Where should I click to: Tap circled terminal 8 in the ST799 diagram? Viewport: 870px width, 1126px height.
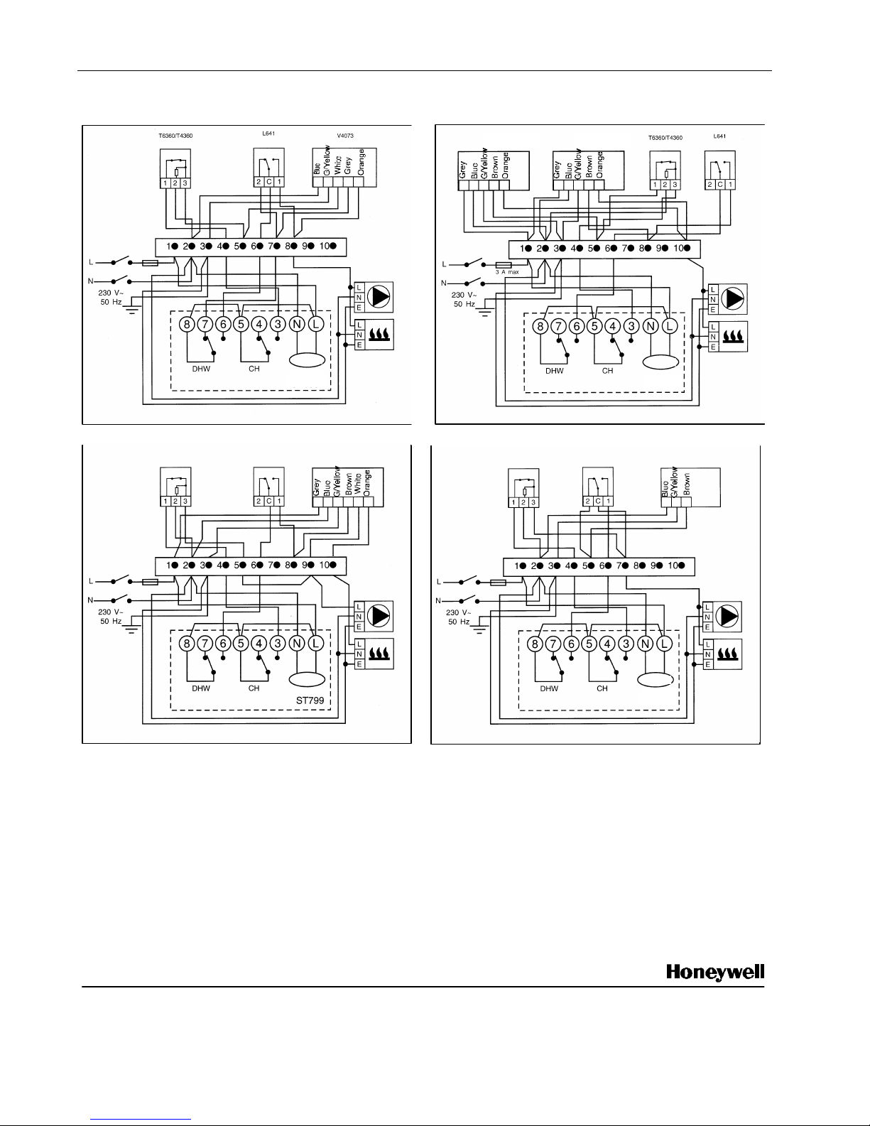[x=186, y=644]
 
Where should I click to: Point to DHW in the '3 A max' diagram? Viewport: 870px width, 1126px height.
[x=555, y=370]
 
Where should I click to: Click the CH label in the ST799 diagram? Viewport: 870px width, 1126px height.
[x=254, y=688]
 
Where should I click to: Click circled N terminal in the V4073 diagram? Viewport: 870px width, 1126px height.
[x=297, y=324]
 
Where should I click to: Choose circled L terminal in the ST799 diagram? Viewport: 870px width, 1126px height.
[x=315, y=644]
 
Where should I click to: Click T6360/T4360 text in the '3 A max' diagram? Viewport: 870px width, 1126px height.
[x=665, y=138]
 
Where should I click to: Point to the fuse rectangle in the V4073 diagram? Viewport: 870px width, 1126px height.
[x=150, y=263]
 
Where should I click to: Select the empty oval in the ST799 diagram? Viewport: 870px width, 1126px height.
[x=307, y=680]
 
